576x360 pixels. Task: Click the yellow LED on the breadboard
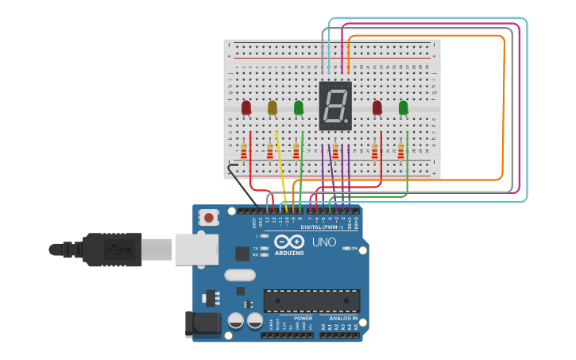pos(273,107)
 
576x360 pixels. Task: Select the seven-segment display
pos(335,105)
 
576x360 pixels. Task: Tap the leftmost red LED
pos(246,107)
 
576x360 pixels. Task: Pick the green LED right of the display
pos(403,107)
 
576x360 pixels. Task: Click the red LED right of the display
pos(377,107)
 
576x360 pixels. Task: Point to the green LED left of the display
pos(299,107)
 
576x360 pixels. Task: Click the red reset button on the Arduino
pos(209,217)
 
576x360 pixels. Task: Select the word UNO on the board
pos(323,242)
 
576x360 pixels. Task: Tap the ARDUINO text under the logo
pos(289,253)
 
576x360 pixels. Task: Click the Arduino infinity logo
pos(289,242)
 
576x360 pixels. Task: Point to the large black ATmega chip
pos(311,300)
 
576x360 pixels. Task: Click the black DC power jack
pos(202,323)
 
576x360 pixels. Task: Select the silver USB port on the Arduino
pos(196,249)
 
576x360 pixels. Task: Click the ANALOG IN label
pos(343,318)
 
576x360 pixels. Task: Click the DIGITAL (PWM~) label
pos(323,227)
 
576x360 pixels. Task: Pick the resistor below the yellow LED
pos(270,151)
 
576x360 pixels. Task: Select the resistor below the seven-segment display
pos(335,151)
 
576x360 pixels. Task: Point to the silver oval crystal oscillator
pos(240,276)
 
